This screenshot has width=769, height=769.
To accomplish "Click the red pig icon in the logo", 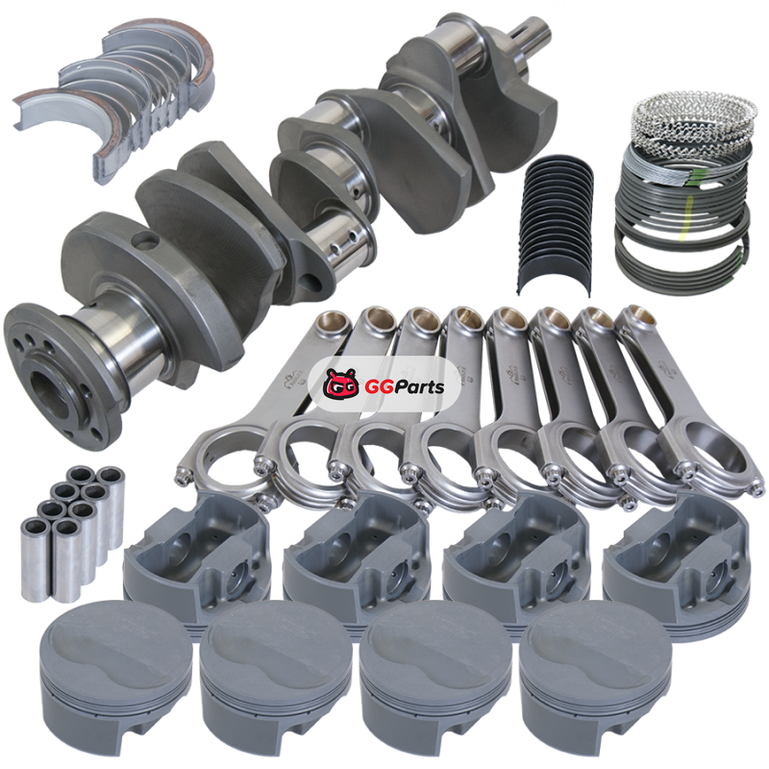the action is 341,384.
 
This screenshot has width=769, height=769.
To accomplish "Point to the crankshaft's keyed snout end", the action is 532,36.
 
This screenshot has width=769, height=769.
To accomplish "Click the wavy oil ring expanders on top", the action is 692,116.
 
